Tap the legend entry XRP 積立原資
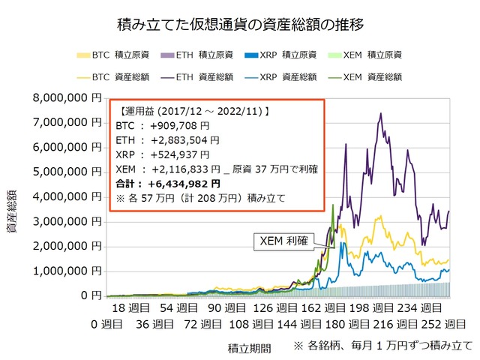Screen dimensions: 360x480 coord(281,55)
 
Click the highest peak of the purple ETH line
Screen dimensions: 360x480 coord(381,113)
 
